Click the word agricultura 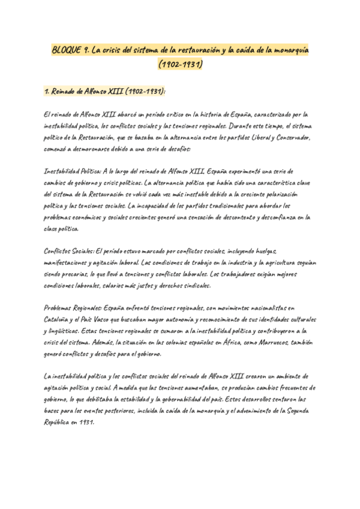tap(262, 263)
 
